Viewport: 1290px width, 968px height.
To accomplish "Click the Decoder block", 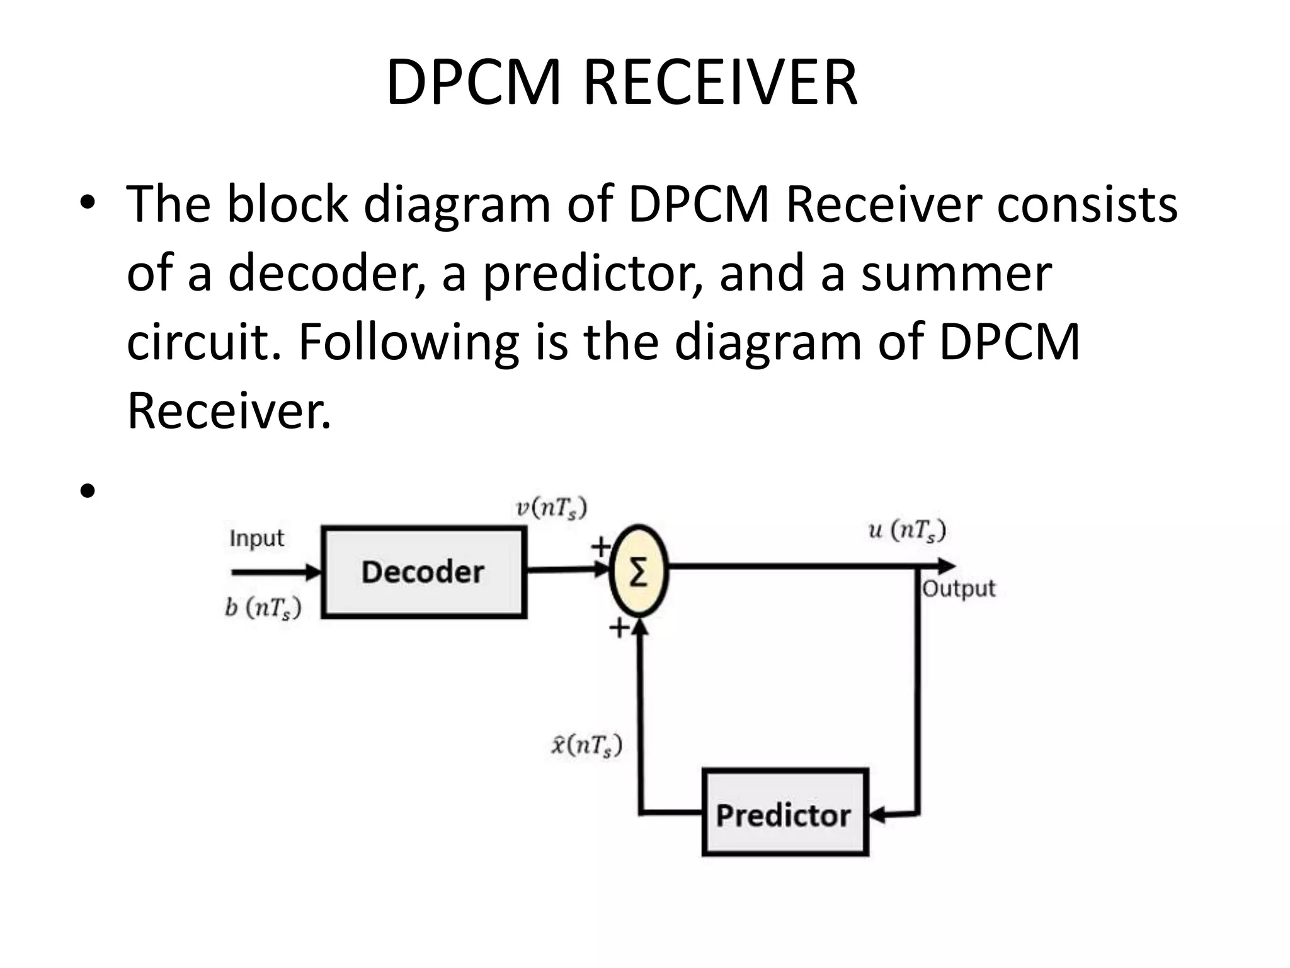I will [423, 572].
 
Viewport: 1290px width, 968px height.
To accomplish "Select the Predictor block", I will [784, 814].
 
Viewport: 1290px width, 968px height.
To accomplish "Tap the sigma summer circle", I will [638, 571].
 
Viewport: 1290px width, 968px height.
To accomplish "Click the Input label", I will [256, 538].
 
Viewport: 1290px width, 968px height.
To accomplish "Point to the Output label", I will [959, 589].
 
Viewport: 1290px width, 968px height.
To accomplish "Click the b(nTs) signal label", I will [263, 608].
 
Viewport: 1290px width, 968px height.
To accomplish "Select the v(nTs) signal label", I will [551, 507].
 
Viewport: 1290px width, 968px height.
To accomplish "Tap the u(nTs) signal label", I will [907, 530].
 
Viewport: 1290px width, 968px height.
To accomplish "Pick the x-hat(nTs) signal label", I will [586, 745].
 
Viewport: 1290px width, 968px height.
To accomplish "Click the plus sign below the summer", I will [619, 627].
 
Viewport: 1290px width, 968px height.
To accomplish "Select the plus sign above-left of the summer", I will [600, 546].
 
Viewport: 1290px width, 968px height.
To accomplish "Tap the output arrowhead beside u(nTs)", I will [947, 566].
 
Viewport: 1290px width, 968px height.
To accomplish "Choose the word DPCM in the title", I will [472, 83].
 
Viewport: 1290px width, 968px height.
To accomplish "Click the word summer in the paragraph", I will [956, 274].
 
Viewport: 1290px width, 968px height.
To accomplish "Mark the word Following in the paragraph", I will [408, 342].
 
